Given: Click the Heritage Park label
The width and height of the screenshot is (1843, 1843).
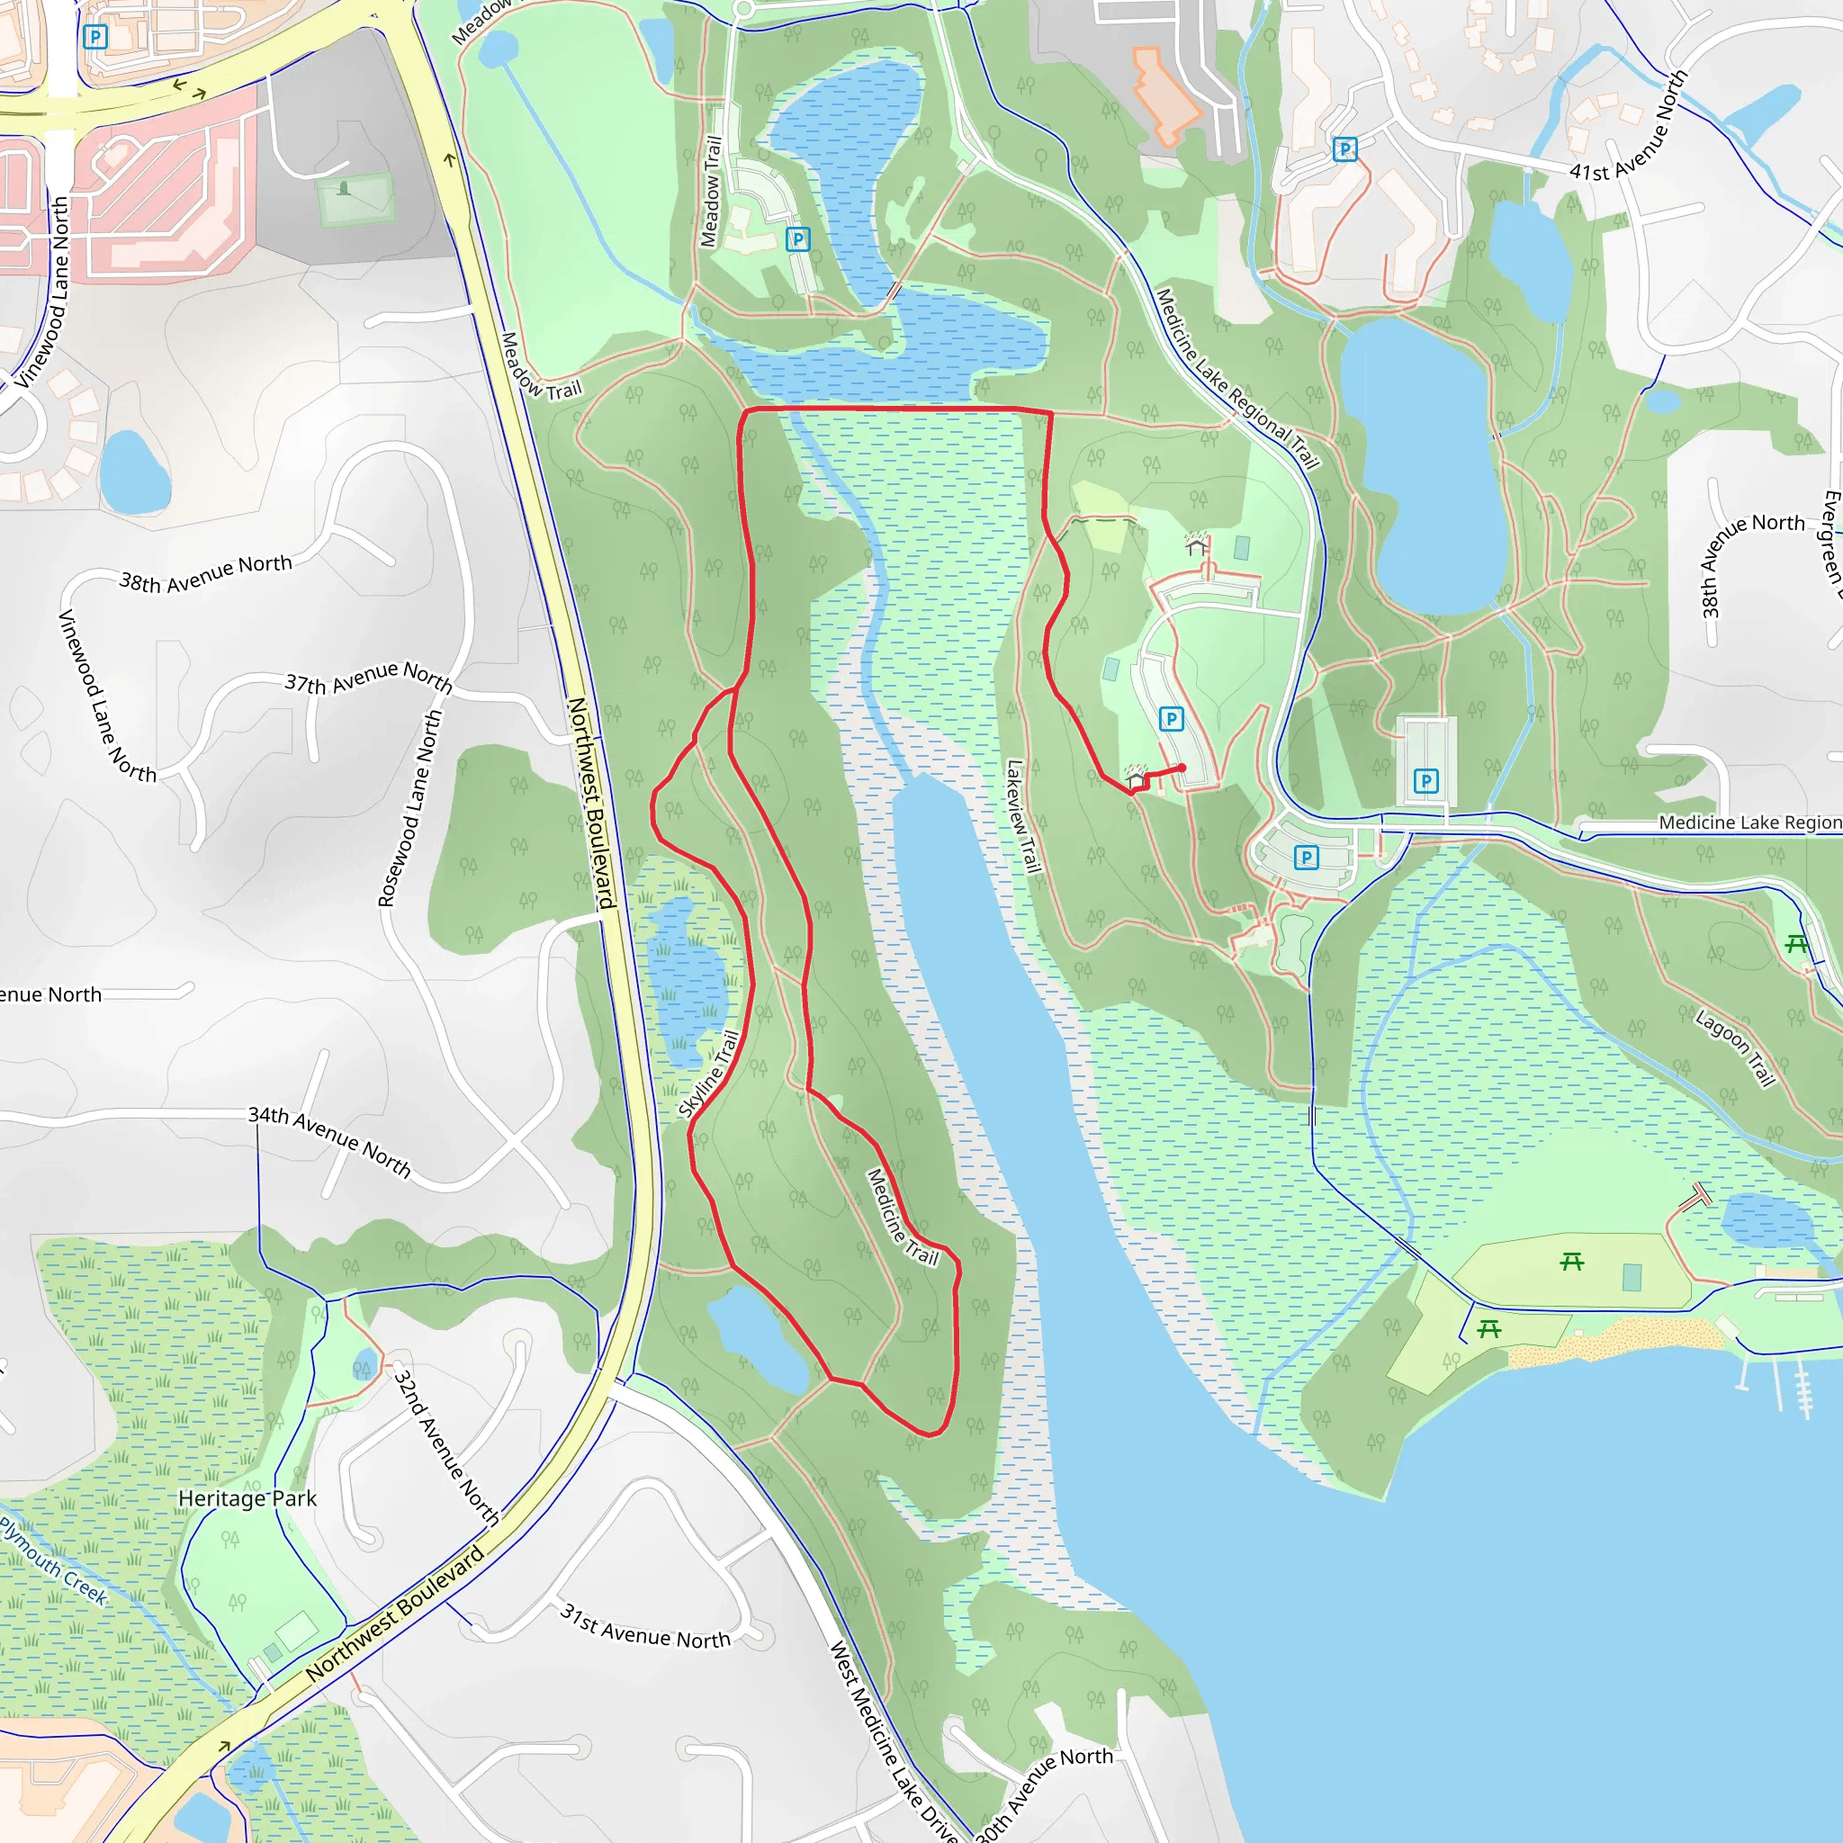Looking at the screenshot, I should click(x=247, y=1498).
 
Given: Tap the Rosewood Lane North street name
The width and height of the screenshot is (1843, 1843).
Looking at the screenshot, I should click(x=410, y=807).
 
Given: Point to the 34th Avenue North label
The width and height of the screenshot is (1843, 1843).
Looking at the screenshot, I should click(x=330, y=1141).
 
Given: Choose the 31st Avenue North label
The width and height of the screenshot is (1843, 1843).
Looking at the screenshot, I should click(x=645, y=1626).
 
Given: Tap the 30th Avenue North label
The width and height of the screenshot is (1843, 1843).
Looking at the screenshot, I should click(x=1044, y=1794).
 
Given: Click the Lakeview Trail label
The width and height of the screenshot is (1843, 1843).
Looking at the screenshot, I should click(x=1022, y=816).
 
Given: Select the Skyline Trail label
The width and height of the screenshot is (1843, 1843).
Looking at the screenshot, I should click(x=709, y=1074).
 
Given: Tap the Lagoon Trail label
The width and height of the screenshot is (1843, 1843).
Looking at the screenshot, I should click(x=1735, y=1047).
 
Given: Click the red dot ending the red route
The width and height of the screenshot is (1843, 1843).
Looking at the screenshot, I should click(x=1182, y=768).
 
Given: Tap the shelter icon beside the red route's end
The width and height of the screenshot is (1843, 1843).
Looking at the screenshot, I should click(x=1134, y=778).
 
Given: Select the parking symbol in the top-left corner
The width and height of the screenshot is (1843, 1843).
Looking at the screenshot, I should click(x=95, y=37).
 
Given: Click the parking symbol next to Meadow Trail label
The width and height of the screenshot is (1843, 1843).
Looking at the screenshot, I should click(x=797, y=238).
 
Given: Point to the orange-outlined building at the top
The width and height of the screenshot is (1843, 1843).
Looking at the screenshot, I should click(x=1164, y=95).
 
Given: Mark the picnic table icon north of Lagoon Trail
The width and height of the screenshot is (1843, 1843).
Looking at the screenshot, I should click(x=1796, y=944).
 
